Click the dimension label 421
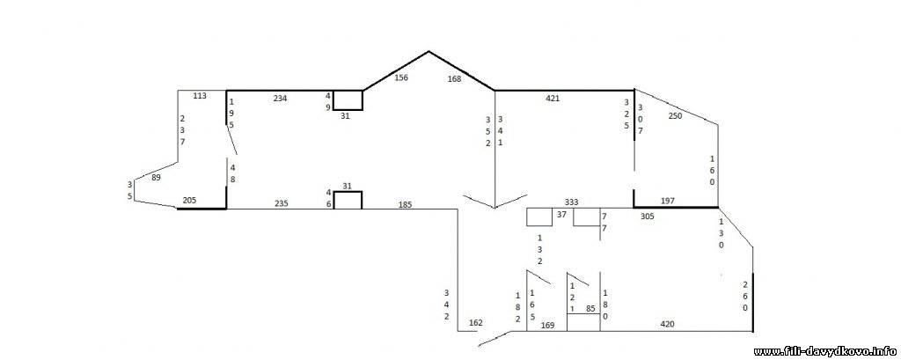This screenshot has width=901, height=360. pyautogui.click(x=553, y=99)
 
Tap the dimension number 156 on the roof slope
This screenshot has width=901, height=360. pyautogui.click(x=401, y=77)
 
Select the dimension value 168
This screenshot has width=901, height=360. pyautogui.click(x=455, y=79)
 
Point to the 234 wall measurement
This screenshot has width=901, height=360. pyautogui.click(x=280, y=99)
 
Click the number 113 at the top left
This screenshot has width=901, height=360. pyautogui.click(x=200, y=95)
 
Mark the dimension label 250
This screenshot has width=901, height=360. pyautogui.click(x=675, y=115)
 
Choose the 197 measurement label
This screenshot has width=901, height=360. pyautogui.click(x=668, y=201)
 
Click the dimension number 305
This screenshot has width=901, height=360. pyautogui.click(x=648, y=217)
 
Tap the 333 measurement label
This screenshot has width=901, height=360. pyautogui.click(x=571, y=202)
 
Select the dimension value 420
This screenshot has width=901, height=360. pyautogui.click(x=668, y=324)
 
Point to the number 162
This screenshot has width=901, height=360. pyautogui.click(x=476, y=323)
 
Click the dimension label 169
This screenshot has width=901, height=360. pyautogui.click(x=548, y=326)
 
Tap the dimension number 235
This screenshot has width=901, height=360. pyautogui.click(x=281, y=203)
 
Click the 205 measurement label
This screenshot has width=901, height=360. pyautogui.click(x=189, y=200)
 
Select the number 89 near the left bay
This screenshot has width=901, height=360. pyautogui.click(x=156, y=178)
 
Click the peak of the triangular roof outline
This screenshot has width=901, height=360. pyautogui.click(x=429, y=52)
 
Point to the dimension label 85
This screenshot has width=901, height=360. pyautogui.click(x=590, y=309)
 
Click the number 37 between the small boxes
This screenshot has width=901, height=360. pyautogui.click(x=562, y=215)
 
